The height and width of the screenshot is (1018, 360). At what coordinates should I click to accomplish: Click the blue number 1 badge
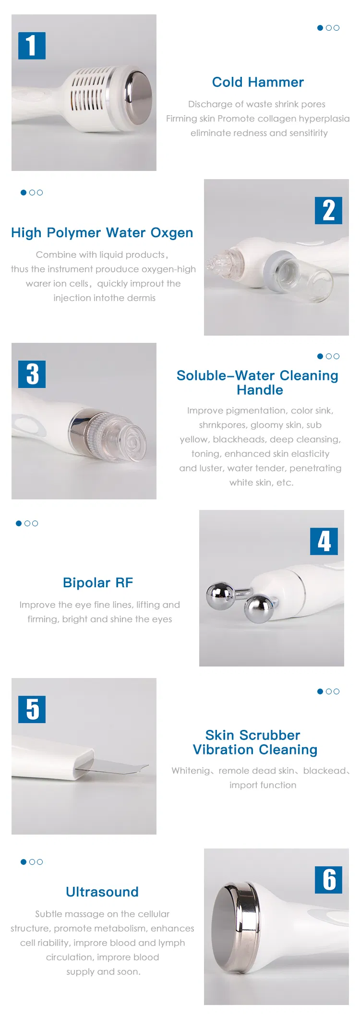32,46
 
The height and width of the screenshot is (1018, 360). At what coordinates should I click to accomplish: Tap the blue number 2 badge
328,210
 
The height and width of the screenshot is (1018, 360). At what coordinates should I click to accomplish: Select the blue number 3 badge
32,374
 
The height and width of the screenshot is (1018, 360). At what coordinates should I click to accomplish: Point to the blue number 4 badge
324,541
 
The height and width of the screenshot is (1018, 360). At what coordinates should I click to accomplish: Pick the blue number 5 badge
32,709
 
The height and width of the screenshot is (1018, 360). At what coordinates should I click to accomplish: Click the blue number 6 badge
328,880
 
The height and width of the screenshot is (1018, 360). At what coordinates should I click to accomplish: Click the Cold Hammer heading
258,82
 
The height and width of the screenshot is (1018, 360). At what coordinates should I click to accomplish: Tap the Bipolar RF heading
98,582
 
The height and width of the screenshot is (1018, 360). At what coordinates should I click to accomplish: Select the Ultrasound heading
102,892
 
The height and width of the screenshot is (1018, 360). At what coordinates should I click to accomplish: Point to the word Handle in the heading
260,390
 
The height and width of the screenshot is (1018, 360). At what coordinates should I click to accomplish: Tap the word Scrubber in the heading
270,735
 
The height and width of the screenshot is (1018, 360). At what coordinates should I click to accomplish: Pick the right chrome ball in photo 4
259,608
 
